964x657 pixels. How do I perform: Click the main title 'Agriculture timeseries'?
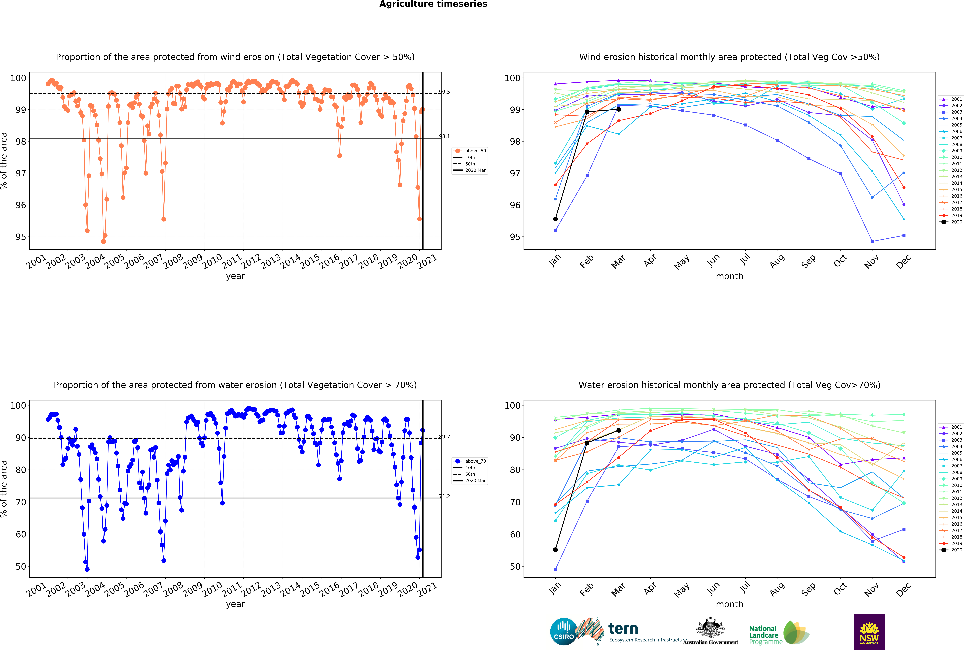pos(433,4)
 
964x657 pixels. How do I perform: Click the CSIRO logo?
pos(563,631)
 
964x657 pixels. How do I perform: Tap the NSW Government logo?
pos(869,631)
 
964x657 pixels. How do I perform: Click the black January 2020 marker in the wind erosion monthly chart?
pos(555,219)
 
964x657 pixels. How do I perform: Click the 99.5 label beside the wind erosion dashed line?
pos(444,92)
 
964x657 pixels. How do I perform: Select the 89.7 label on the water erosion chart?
pos(444,437)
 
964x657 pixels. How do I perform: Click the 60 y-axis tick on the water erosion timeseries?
pos(21,534)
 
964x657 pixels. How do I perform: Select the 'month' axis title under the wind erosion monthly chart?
pos(729,276)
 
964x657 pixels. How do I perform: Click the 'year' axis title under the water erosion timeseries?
pos(235,604)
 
